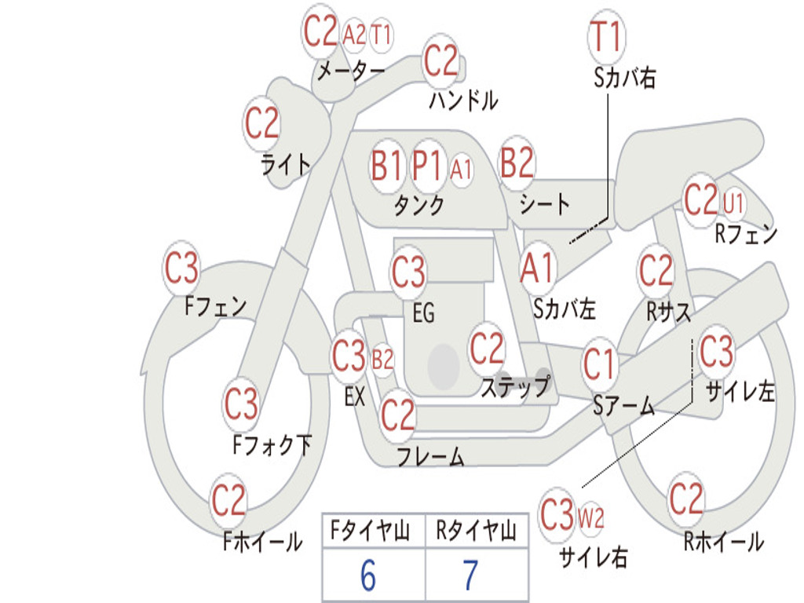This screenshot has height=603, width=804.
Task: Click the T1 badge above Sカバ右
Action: [607, 36]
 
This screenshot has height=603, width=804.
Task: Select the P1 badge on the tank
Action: [427, 166]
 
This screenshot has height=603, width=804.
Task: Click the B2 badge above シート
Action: [517, 163]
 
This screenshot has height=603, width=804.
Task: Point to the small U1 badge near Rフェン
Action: [733, 203]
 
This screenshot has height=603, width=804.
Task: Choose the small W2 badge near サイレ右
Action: [590, 518]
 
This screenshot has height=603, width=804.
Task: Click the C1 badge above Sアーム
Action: [598, 364]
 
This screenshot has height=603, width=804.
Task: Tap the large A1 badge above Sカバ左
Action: [537, 269]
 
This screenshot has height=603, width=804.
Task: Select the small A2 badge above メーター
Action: [354, 35]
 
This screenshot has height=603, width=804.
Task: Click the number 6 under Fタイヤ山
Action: [368, 576]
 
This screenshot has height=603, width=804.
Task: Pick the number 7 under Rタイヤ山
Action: [471, 576]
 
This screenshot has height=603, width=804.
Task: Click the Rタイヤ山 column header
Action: [477, 530]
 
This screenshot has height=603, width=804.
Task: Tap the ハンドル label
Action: [463, 100]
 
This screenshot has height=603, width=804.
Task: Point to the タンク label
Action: [419, 205]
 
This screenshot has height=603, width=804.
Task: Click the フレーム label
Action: [431, 456]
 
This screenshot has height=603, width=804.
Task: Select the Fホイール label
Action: [263, 542]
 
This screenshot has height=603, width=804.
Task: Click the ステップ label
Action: [516, 387]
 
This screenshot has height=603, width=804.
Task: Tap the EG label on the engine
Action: [424, 312]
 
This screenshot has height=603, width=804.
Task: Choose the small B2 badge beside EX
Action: [382, 360]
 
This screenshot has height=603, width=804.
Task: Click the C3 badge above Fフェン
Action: [181, 269]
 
